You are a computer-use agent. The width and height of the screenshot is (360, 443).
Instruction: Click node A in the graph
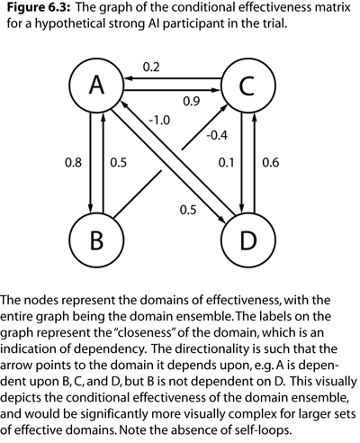96,85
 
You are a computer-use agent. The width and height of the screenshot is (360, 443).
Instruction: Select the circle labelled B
96,240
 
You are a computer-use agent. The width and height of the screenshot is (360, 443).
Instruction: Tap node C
247,85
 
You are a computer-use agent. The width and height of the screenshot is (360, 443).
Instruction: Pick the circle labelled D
247,240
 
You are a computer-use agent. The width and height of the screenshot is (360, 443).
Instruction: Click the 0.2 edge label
151,68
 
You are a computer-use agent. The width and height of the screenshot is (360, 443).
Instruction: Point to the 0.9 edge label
192,102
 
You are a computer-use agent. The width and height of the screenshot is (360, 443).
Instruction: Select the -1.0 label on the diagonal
159,121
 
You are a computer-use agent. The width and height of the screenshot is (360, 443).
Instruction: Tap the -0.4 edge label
217,136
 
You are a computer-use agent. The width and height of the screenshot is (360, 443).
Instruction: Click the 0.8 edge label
74,163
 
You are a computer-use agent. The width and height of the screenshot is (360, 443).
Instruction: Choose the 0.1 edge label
226,163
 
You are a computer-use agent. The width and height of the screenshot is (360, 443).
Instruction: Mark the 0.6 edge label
271,163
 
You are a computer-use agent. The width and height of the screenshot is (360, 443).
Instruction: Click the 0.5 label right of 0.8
119,163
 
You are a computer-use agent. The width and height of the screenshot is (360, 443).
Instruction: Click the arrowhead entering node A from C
129,78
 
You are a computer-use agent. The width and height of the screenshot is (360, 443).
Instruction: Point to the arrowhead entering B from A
90,208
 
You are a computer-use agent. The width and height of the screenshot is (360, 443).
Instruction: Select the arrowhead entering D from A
221,220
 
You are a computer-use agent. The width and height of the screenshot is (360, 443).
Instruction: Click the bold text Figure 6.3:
39,7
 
